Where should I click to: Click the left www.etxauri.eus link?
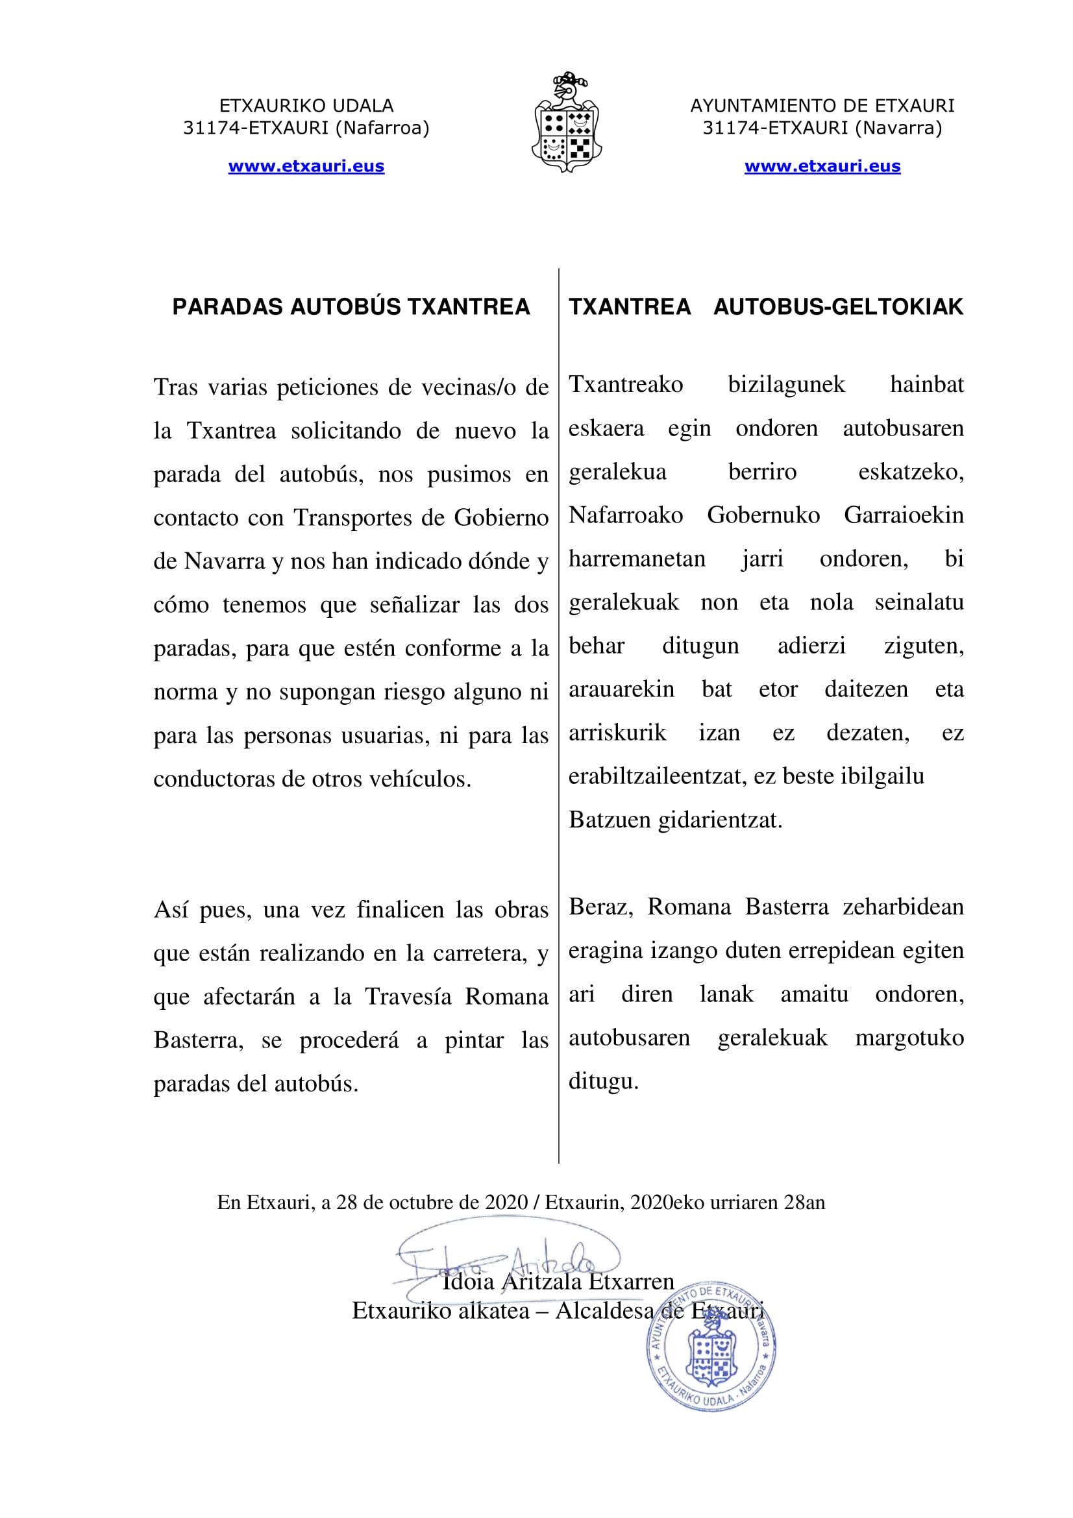306,166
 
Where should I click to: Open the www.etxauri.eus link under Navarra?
822,166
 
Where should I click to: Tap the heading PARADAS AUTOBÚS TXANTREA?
351,307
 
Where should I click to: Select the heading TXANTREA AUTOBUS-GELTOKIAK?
765,307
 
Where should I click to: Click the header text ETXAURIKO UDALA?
306,106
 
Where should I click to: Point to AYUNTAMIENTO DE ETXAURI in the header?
822,106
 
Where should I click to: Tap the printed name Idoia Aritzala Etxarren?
558,1282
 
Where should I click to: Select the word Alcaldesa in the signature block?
604,1310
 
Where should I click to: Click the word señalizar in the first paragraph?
415,604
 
